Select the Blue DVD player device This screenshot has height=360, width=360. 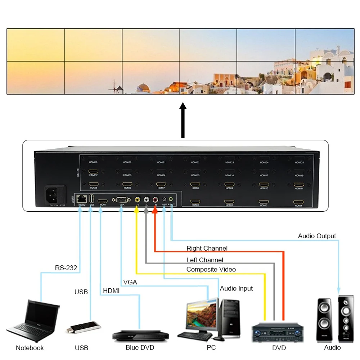(140, 336)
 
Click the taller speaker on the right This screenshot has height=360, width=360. (346, 319)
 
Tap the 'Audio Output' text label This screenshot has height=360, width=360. (317, 236)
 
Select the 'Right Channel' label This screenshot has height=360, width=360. (207, 248)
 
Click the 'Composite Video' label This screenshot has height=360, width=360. (211, 269)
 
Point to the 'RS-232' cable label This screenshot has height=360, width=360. (66, 268)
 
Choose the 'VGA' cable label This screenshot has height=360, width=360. (130, 282)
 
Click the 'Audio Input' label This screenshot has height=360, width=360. (236, 288)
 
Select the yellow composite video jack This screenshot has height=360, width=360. (137, 199)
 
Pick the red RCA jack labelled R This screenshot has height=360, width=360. (156, 199)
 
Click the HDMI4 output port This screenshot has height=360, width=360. (298, 202)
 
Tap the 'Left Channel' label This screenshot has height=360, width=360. (204, 260)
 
